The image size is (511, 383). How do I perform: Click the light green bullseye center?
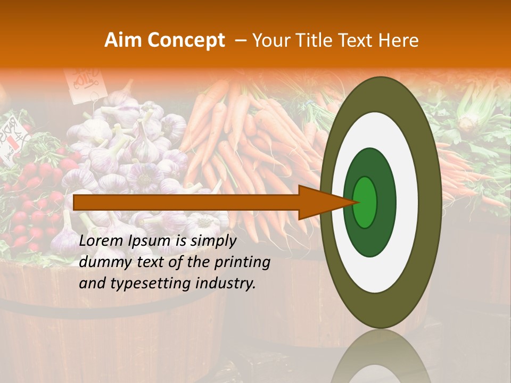click(x=365, y=202)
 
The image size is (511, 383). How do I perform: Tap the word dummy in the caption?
click(x=101, y=262)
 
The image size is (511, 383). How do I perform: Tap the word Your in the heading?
click(x=268, y=40)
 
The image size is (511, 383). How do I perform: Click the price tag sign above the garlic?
click(x=83, y=80)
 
